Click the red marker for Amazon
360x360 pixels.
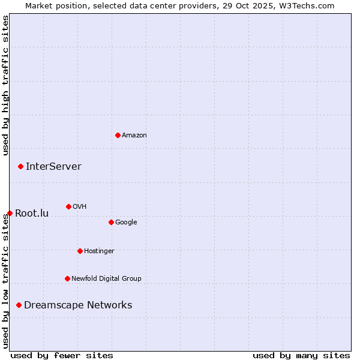118,135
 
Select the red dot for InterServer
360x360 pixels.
20,166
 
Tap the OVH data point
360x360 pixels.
68,206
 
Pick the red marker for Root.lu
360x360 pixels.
10,213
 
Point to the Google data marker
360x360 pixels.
111,222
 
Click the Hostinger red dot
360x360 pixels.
80,251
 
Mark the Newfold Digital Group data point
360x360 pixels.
67,278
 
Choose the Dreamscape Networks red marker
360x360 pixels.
19,305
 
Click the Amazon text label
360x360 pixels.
134,136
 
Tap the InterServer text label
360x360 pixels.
53,167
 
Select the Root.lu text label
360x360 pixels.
32,214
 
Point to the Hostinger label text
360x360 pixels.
99,251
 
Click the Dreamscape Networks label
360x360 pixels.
78,305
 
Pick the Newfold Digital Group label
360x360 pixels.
106,279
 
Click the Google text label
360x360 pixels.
126,223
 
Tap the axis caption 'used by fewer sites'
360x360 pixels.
62,356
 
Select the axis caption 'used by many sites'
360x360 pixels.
301,356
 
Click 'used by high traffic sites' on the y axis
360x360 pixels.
5,85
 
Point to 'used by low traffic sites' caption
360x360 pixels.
5,281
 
